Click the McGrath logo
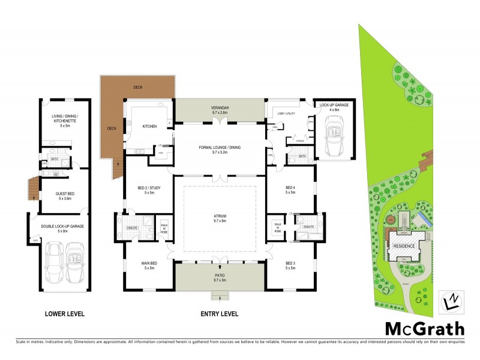pos(424,329)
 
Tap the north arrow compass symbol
pos(452,300)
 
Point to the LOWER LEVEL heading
pos(64,314)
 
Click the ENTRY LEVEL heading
pos(219,314)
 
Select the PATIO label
pos(219,277)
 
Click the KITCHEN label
pos(149,127)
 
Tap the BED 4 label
pos(291,190)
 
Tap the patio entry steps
pos(220,296)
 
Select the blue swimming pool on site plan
pos(424,219)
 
